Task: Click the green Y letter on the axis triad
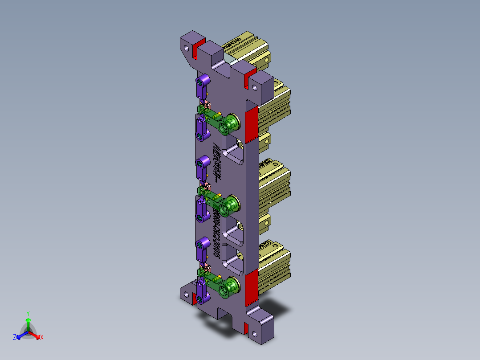click(x=28, y=313)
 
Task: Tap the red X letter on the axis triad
click(x=42, y=338)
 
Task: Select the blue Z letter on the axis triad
click(x=15, y=338)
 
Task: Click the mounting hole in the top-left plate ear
click(x=186, y=45)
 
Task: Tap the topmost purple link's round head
click(x=204, y=80)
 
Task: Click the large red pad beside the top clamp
click(x=252, y=123)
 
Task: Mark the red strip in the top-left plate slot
click(x=195, y=51)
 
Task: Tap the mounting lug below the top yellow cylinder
click(x=266, y=140)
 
